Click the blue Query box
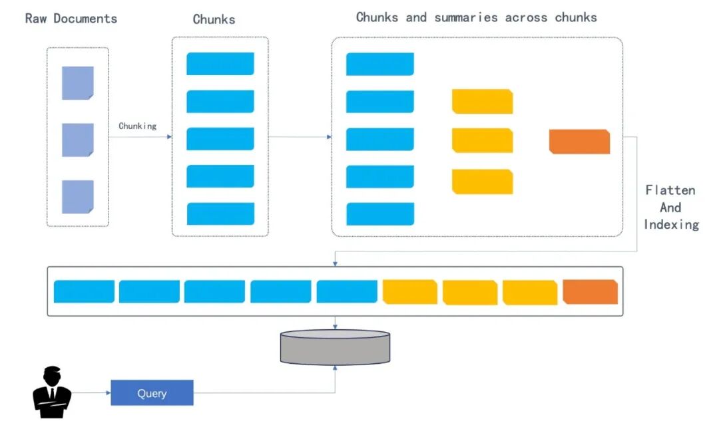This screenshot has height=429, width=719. coord(152,393)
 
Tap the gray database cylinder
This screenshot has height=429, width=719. coord(334,347)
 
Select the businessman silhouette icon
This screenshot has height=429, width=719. coord(52,392)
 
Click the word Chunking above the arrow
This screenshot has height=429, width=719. coord(137,126)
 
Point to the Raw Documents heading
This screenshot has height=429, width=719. coord(71,19)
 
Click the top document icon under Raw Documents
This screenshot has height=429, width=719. coord(78,83)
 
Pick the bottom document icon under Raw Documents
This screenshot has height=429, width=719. coord(78,197)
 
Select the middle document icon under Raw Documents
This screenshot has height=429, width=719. coord(78,140)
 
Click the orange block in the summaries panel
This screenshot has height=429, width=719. coord(579,142)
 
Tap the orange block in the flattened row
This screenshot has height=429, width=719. coord(590,292)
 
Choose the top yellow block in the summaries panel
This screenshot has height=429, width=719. coord(482,101)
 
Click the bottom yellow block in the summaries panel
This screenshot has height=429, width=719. coord(482,182)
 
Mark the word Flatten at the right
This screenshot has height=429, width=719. coord(670,190)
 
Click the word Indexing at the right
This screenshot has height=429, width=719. coord(671,225)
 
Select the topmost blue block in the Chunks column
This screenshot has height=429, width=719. coord(220,64)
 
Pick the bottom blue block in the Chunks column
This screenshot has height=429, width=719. coord(220,214)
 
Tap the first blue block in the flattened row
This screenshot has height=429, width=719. coord(84,292)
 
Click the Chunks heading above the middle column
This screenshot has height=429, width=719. coord(214,19)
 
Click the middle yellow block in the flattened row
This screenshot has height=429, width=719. coord(469,293)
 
